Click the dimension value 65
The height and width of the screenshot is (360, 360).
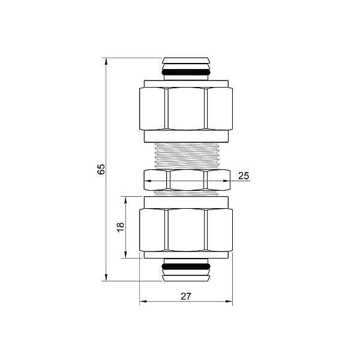point(101,169)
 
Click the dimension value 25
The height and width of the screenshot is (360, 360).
point(243,176)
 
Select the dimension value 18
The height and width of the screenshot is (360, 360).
point(121,227)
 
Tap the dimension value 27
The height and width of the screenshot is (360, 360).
point(186,296)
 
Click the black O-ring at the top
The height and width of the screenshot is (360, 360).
point(186,73)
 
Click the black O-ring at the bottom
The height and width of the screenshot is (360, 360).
point(186,266)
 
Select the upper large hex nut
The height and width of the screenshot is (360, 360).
point(186,109)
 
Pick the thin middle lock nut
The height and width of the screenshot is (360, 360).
point(186,179)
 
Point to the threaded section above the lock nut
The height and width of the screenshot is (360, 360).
point(186,155)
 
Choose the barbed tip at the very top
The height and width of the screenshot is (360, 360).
point(186,61)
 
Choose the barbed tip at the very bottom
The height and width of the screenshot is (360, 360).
point(186,277)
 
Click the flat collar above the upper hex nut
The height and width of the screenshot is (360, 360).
point(186,83)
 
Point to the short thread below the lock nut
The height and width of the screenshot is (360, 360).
point(186,193)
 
